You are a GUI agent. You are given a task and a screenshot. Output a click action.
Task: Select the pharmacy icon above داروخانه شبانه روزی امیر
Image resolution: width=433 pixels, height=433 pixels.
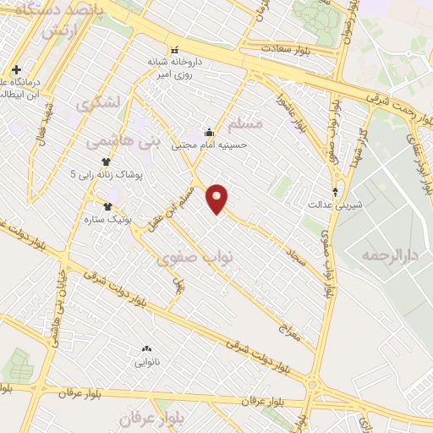coord(175,49)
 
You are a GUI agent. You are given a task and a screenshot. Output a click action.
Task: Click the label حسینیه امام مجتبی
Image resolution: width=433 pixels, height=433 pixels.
coord(209,145)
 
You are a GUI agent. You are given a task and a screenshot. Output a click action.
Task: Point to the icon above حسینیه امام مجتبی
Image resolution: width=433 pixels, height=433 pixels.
coord(209,132)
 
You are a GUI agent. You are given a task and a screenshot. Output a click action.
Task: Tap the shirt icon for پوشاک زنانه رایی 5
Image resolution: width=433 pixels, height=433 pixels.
coord(107,162)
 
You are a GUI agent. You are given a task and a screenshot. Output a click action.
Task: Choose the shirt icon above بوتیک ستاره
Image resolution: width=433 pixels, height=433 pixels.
coord(107,206)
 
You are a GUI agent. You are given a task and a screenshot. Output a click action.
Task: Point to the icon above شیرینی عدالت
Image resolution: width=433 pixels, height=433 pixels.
coord(337,191)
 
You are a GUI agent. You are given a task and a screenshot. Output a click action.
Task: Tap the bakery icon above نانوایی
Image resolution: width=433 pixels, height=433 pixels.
coord(147,348)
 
